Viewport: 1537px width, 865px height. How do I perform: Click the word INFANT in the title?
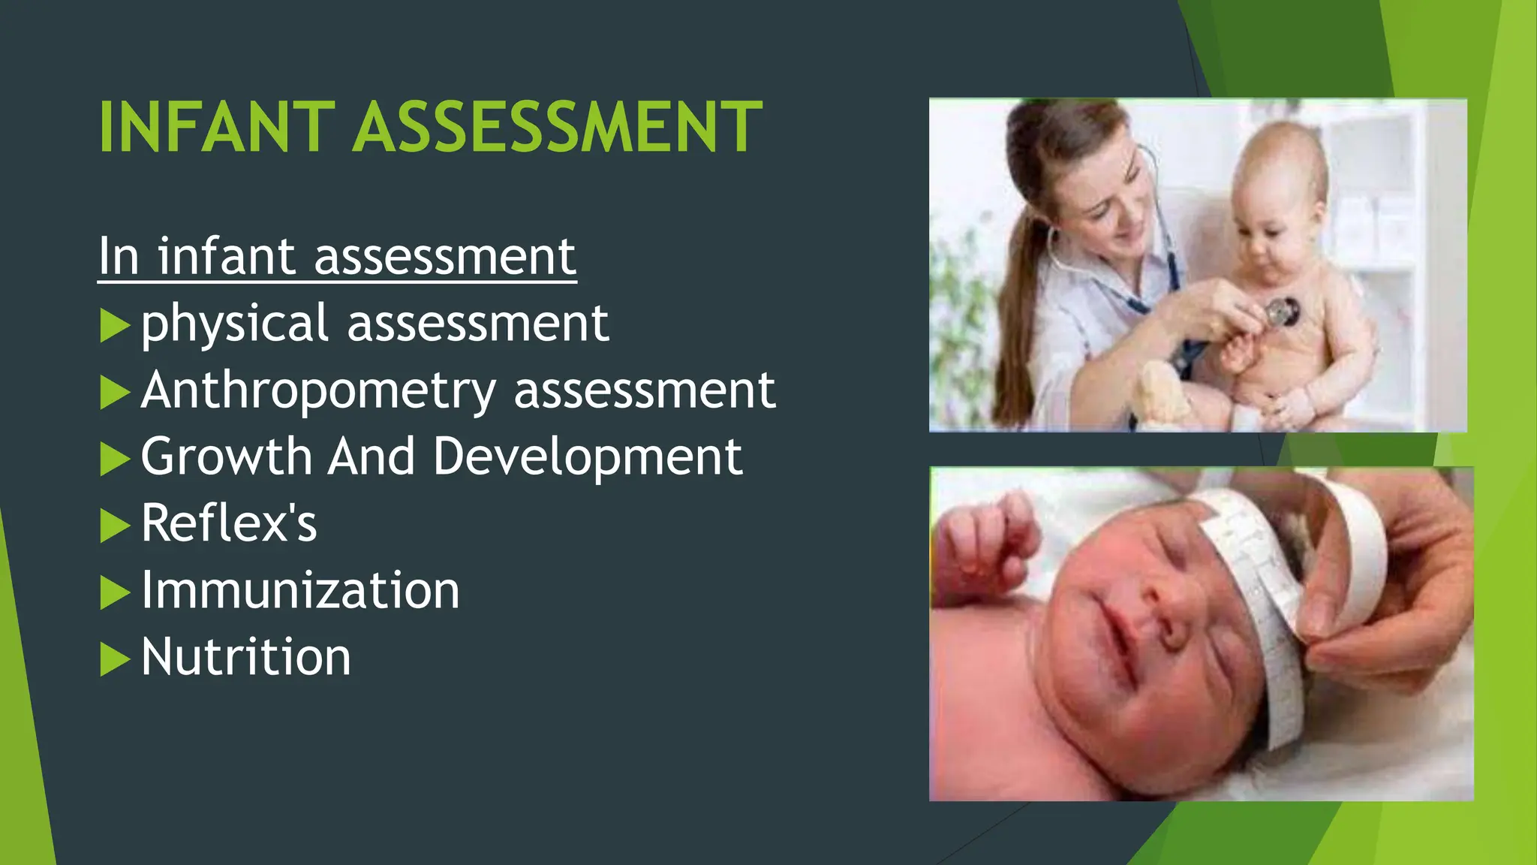tap(216, 128)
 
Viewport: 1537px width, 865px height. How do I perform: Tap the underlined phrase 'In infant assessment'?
tap(337, 257)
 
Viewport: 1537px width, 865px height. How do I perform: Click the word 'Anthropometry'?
tap(318, 390)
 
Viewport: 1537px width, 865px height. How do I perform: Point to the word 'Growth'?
tap(226, 457)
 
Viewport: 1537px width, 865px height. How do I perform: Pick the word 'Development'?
tap(588, 457)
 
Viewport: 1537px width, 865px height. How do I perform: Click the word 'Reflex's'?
tap(229, 523)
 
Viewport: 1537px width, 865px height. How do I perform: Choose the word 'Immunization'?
tap(300, 590)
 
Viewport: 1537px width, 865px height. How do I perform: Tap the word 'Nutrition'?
tap(246, 657)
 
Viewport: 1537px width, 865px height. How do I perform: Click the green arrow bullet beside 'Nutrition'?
tap(114, 659)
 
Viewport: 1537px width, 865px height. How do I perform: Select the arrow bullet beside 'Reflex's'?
tap(114, 526)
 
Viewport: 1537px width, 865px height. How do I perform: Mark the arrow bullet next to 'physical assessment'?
tap(114, 326)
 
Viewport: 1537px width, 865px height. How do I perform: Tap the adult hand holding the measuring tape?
tap(1396, 601)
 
